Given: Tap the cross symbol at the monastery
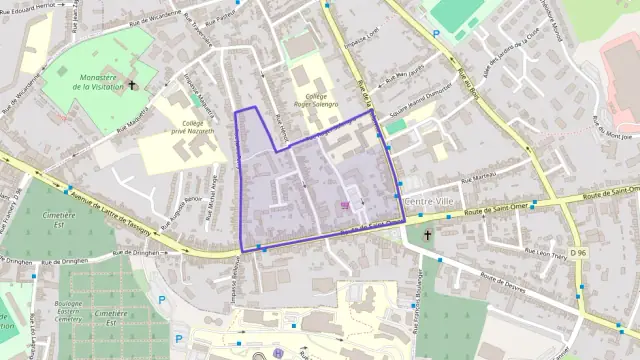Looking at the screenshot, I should (x=136, y=86).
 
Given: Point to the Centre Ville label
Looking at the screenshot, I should (x=431, y=201).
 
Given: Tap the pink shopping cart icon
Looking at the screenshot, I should (x=345, y=206).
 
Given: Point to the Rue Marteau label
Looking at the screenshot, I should (x=479, y=180).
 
